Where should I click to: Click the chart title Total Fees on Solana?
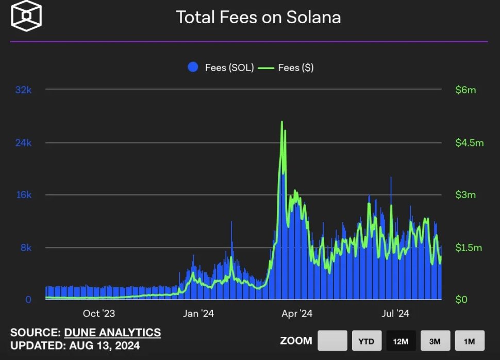coord(258,18)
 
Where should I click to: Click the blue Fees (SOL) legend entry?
coord(221,68)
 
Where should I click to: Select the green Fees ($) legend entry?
coord(286,68)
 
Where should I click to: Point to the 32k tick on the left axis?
coord(24,90)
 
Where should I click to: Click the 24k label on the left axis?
coord(24,143)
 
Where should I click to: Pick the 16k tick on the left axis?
coord(24,195)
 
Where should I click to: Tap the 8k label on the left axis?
coord(26,248)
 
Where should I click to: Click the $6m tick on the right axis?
coord(465,90)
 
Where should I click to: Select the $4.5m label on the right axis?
coord(469,143)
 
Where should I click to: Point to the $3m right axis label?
coord(465,195)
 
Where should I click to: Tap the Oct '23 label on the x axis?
coord(98,314)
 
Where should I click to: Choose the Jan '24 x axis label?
coord(198,314)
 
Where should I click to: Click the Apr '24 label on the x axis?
coord(297,314)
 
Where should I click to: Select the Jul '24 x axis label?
coord(395,314)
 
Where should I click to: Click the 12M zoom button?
coord(401,341)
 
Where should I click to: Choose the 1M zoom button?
coord(470,341)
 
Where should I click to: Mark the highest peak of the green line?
coord(281,122)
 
